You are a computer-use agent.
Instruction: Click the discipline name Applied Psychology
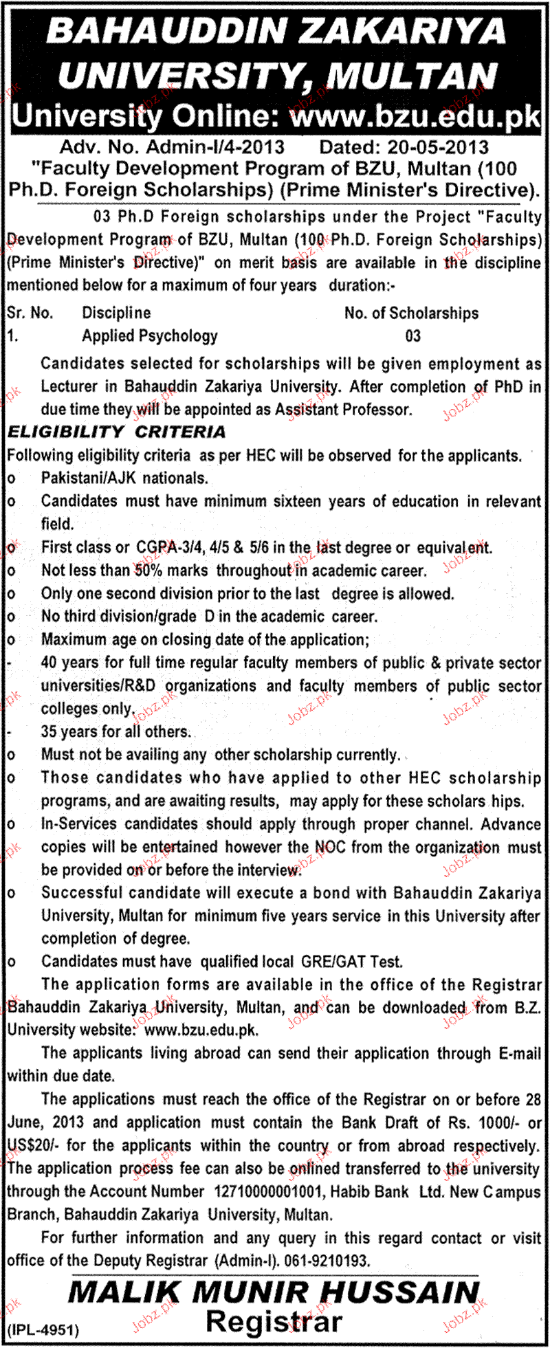pos(150,336)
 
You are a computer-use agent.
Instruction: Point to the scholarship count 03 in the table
pos(412,336)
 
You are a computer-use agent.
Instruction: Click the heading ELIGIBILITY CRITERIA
pos(116,432)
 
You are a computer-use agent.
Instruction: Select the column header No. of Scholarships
pos(411,313)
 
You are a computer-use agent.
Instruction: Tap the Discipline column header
pos(116,313)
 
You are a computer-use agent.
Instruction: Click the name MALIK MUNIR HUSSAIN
pos(274,1294)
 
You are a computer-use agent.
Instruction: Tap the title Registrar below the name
pos(274,1322)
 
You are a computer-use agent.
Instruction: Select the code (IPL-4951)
pos(43,1330)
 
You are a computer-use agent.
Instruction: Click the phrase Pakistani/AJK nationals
pos(124,478)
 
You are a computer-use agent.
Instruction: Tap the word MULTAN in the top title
pos(412,76)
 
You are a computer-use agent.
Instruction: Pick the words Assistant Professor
pos(343,410)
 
